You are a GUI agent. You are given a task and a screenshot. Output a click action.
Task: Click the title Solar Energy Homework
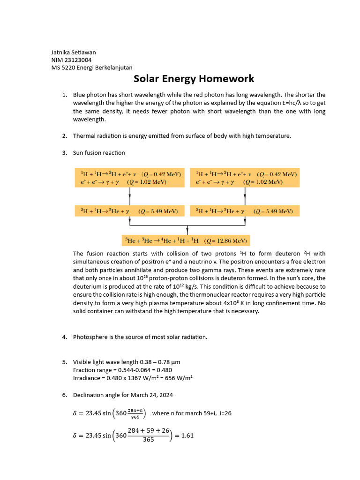(194, 78)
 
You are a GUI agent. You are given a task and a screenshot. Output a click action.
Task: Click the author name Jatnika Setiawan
(73, 52)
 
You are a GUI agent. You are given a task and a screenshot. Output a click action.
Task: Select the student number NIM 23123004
(71, 60)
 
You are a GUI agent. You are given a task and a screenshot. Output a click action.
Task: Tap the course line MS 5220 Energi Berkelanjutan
(92, 67)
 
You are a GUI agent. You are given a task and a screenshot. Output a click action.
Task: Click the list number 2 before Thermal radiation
(64, 136)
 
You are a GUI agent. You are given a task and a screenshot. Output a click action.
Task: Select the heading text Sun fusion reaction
(99, 153)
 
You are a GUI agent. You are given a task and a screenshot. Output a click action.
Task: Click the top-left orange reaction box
(129, 178)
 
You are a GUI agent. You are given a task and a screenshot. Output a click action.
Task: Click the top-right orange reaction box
(244, 178)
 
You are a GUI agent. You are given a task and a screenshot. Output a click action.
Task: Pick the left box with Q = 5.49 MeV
(129, 211)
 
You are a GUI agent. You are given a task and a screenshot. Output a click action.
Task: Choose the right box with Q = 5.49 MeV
(244, 211)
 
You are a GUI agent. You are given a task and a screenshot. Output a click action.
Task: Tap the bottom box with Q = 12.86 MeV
(186, 240)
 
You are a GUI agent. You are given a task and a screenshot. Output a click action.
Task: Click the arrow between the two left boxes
(129, 196)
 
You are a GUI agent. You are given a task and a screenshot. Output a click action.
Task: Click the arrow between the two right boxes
(244, 196)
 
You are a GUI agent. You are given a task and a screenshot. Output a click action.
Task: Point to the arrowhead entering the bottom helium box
(187, 232)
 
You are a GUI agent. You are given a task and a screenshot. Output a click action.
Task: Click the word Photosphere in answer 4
(90, 337)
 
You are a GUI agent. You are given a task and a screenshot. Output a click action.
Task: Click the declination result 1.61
(187, 435)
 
